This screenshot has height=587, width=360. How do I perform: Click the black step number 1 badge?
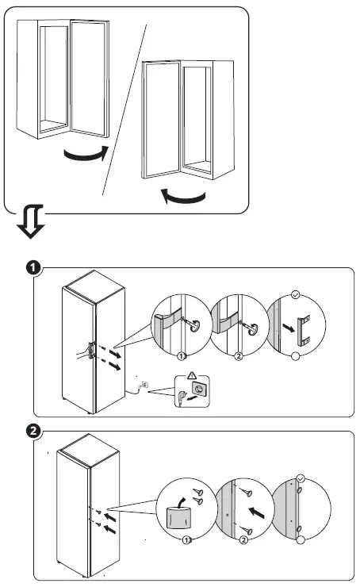[x=33, y=268]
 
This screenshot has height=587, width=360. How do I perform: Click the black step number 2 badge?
[x=33, y=432]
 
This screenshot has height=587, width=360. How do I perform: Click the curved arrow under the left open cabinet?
[x=86, y=153]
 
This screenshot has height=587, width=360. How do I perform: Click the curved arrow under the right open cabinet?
[x=185, y=194]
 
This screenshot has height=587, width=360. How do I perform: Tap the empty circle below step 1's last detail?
[x=295, y=358]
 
